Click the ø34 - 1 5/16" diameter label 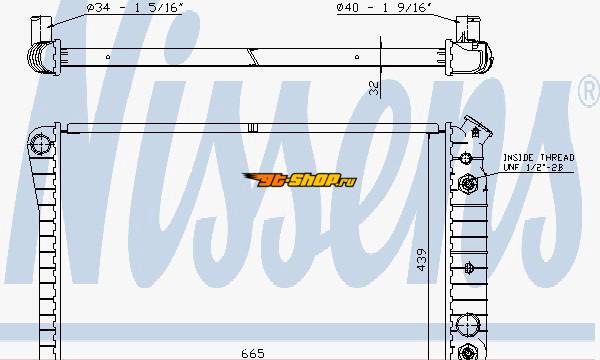click(x=135, y=8)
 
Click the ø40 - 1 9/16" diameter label click(x=384, y=8)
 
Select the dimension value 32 click(x=374, y=88)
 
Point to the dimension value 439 click(x=421, y=260)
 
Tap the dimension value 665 click(x=253, y=353)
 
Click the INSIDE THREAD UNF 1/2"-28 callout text click(x=538, y=162)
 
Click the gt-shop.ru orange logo click(x=300, y=180)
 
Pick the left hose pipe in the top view click(x=41, y=28)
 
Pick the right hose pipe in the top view click(x=468, y=28)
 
